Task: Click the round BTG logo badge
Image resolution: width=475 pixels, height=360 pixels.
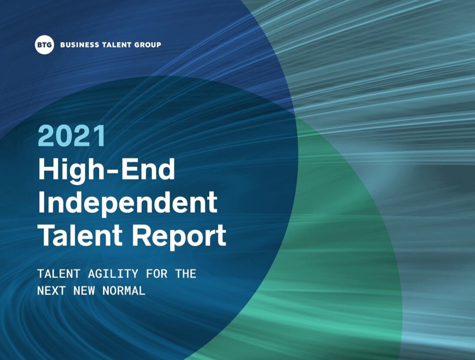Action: [44, 45]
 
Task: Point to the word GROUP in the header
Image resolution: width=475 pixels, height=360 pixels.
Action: [147, 45]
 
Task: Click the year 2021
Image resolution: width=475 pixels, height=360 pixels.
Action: [72, 136]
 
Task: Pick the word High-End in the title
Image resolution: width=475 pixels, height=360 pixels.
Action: [107, 170]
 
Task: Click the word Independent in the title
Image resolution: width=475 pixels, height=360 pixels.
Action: [128, 202]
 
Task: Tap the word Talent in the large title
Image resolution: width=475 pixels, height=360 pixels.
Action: [80, 235]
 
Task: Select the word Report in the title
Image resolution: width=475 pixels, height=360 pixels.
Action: [179, 237]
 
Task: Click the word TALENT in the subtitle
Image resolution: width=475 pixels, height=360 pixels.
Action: [59, 274]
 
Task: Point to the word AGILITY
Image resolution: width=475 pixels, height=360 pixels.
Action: [113, 274]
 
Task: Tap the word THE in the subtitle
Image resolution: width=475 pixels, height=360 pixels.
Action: [185, 274]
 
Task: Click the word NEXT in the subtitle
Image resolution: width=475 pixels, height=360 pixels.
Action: [51, 291]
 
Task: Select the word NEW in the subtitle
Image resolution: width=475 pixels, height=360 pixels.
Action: [84, 291]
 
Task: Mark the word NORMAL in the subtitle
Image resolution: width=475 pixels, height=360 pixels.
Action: [124, 291]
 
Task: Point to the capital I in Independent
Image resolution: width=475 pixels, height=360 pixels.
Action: [41, 202]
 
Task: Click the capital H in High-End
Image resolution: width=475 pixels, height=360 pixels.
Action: [48, 170]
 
